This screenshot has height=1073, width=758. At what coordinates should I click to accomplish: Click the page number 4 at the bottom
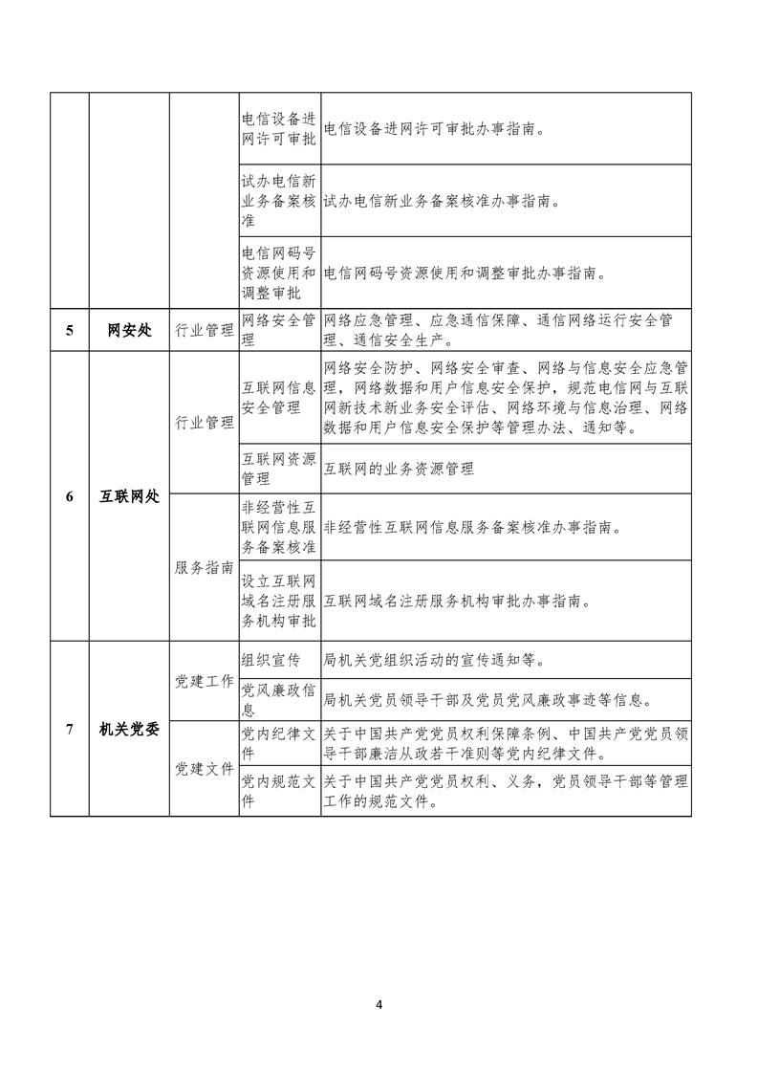tap(379, 1004)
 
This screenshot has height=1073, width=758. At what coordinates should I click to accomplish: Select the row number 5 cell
tap(69, 332)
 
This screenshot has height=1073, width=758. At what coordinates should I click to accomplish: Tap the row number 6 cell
tap(69, 497)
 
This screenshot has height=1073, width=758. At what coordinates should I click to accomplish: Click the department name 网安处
tap(129, 332)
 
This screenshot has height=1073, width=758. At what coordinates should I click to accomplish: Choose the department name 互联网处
tap(129, 497)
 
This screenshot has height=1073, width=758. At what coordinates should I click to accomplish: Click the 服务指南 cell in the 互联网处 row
tap(205, 567)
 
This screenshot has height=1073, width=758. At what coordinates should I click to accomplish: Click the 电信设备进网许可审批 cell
tap(279, 129)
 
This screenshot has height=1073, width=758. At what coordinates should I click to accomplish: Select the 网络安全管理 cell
tap(279, 320)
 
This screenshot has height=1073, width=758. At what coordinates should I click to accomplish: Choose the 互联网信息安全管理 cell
tap(279, 398)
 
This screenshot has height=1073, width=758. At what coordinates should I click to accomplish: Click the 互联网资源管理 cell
tap(279, 468)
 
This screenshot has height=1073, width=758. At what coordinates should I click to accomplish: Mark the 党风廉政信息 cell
tap(279, 699)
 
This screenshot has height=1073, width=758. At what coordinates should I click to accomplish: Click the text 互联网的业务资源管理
tap(400, 470)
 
